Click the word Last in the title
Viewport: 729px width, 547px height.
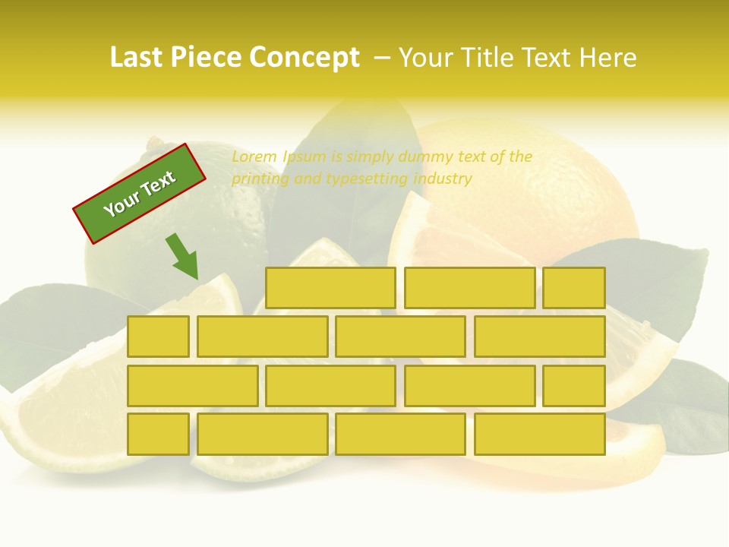coord(137,58)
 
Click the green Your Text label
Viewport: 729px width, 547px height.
coord(140,193)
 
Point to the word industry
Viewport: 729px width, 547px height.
coord(443,179)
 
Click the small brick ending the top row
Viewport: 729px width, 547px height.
coord(574,288)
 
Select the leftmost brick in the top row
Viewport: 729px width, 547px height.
coord(330,288)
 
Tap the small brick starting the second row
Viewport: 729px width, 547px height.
coord(158,337)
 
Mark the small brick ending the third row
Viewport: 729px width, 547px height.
coord(574,385)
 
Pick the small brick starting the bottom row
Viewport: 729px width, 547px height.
coord(158,434)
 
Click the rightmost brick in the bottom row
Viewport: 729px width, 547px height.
coord(540,434)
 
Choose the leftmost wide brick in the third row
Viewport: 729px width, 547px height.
coord(192,385)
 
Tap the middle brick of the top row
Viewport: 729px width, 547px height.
coord(469,288)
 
